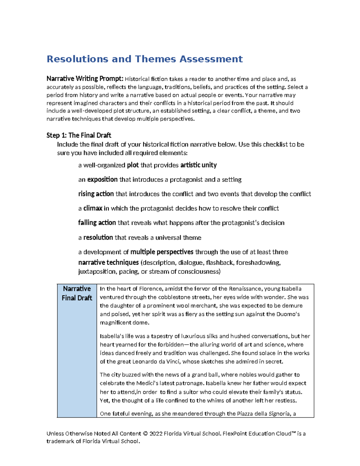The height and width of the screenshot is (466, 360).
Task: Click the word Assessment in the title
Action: (x=211, y=59)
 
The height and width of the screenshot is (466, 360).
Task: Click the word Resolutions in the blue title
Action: (x=77, y=59)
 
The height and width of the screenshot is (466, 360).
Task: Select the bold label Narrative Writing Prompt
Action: (x=85, y=79)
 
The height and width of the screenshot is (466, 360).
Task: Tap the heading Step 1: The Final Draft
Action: (x=79, y=135)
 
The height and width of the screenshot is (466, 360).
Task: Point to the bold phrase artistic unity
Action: (x=198, y=165)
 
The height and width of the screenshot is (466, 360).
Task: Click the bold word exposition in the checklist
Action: (x=102, y=179)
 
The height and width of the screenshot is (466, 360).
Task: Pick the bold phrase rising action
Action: (x=96, y=194)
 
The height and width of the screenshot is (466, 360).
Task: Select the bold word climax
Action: (x=93, y=208)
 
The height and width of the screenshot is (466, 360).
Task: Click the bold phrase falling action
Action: (x=97, y=223)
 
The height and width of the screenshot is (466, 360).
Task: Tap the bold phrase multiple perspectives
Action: (x=162, y=252)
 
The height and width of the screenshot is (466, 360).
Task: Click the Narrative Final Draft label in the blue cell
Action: (x=77, y=293)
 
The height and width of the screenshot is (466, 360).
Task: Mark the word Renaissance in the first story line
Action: (x=245, y=289)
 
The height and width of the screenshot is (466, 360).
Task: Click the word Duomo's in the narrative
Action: (x=288, y=314)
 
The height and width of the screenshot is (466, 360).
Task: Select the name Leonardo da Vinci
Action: (x=157, y=362)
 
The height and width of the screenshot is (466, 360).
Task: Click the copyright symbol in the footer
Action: (x=145, y=434)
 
